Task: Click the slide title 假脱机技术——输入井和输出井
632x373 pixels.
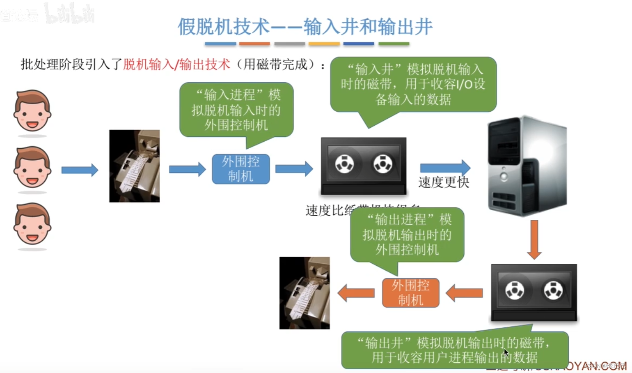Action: point(305,27)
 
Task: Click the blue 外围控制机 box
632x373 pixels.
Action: point(241,169)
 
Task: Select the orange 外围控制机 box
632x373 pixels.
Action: point(410,292)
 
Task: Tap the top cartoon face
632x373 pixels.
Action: point(32,111)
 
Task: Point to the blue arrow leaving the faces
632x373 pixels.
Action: point(80,170)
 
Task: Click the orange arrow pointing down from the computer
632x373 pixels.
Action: point(534,239)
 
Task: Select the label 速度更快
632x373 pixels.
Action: point(444,182)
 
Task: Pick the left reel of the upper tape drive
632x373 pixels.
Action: point(344,164)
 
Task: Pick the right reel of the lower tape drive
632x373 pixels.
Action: point(553,290)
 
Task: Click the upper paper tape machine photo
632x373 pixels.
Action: point(134,166)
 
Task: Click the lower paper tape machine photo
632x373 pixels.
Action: point(305,293)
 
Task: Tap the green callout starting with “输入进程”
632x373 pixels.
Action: point(236,110)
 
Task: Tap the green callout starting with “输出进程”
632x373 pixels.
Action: point(407,235)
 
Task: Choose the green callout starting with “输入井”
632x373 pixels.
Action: point(413,84)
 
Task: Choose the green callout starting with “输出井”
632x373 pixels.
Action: point(455,350)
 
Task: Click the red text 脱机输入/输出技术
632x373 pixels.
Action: point(176,64)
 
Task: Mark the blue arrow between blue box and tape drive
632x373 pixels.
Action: point(294,169)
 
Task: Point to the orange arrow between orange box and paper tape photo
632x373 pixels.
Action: point(356,293)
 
